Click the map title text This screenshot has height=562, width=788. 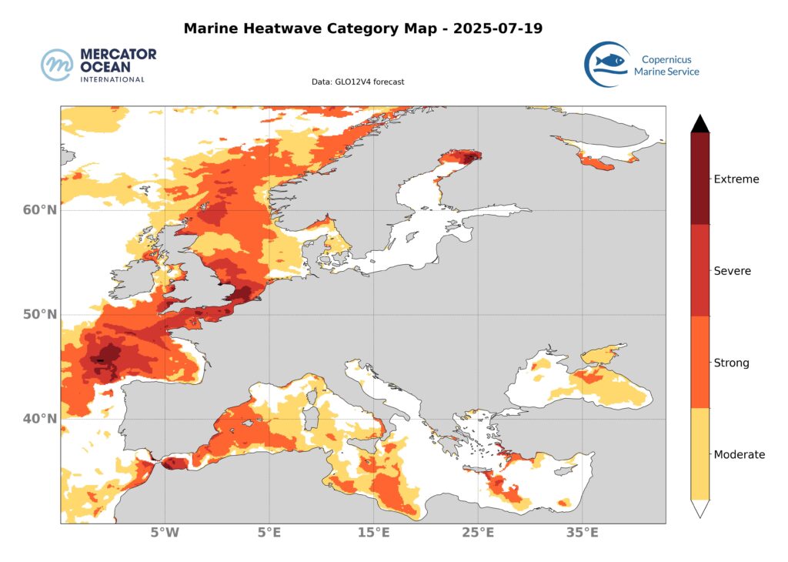click(x=362, y=29)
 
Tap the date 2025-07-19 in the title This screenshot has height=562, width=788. click(x=498, y=29)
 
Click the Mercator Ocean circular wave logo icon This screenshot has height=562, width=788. click(x=57, y=65)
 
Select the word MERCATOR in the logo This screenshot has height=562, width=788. click(x=118, y=55)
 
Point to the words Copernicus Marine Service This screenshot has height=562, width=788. click(x=666, y=65)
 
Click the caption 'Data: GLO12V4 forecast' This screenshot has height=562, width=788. click(x=358, y=82)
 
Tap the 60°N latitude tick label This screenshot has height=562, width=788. click(x=38, y=210)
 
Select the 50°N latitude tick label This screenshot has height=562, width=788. click(x=38, y=315)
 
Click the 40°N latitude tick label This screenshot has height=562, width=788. click(x=38, y=419)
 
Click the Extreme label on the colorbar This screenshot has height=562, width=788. click(x=736, y=179)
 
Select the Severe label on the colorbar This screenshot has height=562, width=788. click(x=732, y=271)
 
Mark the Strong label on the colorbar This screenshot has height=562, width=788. click(x=731, y=363)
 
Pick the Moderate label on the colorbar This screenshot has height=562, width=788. click(x=740, y=454)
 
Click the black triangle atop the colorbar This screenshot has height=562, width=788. click(x=700, y=123)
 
